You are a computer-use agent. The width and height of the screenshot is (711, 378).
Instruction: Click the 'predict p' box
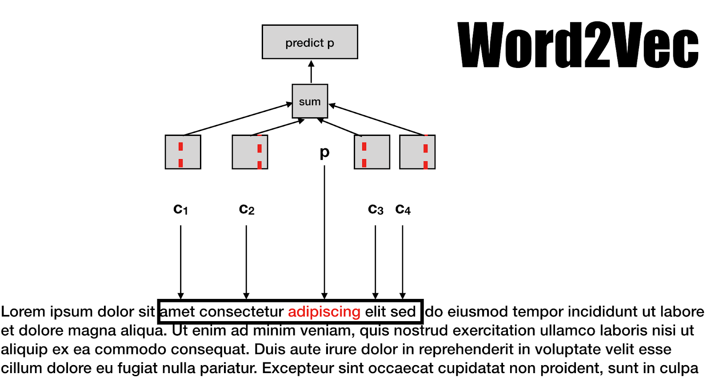click(x=310, y=42)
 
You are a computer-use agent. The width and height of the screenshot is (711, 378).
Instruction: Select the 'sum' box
click(x=310, y=101)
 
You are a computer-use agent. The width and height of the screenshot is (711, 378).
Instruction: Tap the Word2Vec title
click(x=578, y=45)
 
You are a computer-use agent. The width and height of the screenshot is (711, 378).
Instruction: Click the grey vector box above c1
click(x=183, y=152)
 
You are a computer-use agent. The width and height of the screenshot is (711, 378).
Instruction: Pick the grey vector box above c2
click(x=250, y=152)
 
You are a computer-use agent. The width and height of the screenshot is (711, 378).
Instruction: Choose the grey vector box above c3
click(x=372, y=152)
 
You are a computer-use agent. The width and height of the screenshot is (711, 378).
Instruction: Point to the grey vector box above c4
click(x=417, y=152)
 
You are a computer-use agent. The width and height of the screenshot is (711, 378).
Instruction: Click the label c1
click(x=180, y=209)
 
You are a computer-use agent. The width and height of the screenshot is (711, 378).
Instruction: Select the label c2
click(x=247, y=209)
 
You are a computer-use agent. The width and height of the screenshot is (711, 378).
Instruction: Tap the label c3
click(x=375, y=209)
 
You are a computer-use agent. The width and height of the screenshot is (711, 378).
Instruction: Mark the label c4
click(x=403, y=209)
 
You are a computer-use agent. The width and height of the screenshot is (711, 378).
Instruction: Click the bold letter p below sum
click(x=325, y=152)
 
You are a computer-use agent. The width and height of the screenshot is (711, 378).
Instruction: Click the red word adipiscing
click(x=324, y=312)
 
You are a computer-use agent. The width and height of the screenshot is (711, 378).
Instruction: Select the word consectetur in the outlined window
click(x=241, y=312)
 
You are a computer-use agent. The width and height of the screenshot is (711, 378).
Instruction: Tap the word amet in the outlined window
click(x=177, y=312)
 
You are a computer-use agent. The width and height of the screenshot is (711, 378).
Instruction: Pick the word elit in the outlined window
click(x=375, y=312)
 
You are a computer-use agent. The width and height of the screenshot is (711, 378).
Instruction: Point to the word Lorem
click(x=23, y=312)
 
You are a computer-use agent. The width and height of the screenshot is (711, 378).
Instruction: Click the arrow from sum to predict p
click(x=311, y=72)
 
